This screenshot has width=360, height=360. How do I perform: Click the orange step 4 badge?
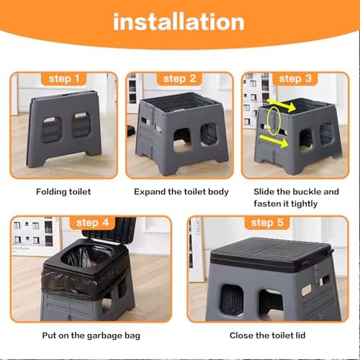95,222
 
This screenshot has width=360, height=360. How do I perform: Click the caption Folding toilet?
65,192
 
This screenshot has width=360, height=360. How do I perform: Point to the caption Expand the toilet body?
181,192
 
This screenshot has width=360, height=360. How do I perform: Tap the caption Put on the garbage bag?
91,335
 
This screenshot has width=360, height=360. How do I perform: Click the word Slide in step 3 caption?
266,192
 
